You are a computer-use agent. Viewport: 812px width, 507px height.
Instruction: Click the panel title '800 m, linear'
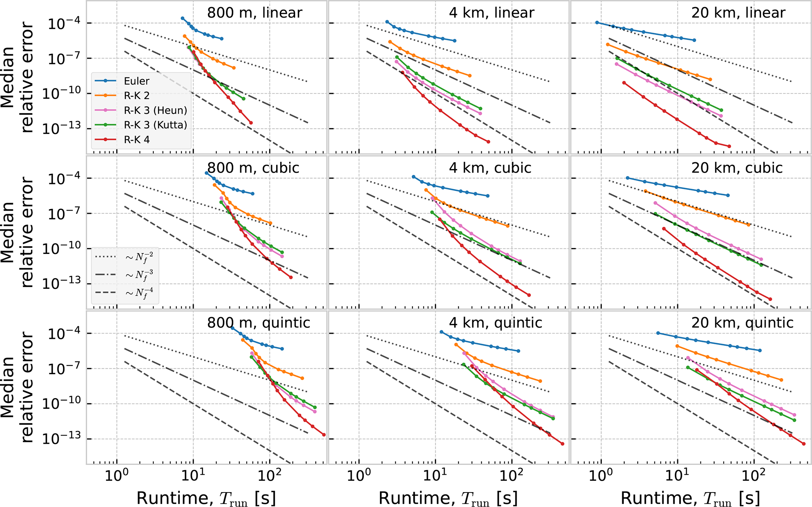click(x=255, y=13)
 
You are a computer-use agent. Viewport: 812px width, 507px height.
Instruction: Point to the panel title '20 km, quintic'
click(x=742, y=323)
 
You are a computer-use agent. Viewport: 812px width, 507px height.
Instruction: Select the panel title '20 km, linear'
click(x=738, y=13)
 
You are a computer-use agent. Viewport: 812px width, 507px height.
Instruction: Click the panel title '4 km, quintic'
click(x=495, y=323)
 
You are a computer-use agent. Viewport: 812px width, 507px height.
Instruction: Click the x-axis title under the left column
click(x=206, y=498)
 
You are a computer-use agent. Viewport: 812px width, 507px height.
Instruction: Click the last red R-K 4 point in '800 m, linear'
click(x=251, y=123)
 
